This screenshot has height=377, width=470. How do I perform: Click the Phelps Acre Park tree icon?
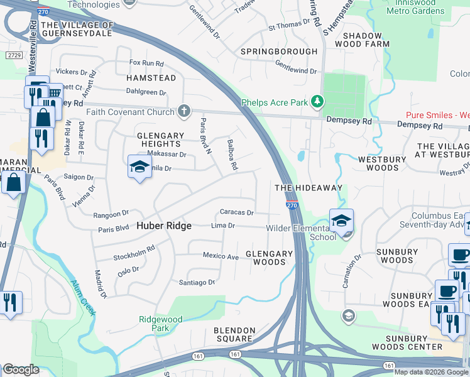point(318,101)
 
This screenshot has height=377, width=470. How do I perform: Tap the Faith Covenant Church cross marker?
point(183,112)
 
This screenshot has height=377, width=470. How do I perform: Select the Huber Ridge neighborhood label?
point(164,226)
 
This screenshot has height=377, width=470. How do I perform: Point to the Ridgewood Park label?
point(161,324)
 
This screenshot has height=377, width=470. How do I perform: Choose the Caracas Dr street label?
point(236,212)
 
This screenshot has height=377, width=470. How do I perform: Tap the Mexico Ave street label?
point(221,256)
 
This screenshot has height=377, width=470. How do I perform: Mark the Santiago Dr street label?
point(198,282)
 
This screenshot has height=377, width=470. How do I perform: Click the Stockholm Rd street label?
point(134,253)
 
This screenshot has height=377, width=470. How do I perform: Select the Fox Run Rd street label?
point(146,63)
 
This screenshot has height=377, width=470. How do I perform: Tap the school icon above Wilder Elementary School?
point(341,221)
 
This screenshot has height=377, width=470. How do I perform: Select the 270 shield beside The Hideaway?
point(292,205)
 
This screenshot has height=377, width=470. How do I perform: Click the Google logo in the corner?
point(21,369)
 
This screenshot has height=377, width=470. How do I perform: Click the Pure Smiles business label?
point(437,116)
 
